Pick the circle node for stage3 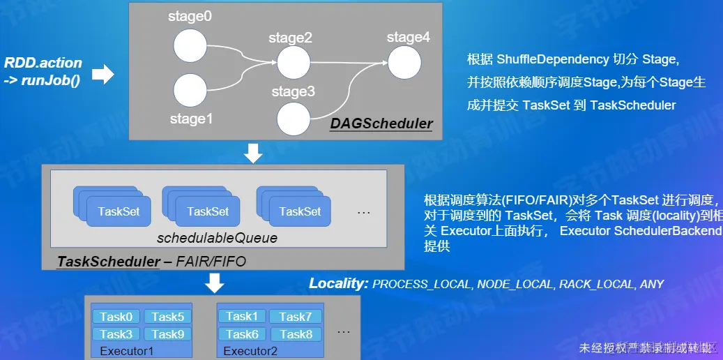click(x=293, y=119)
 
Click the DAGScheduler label click(x=381, y=124)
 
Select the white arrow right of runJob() click(x=103, y=75)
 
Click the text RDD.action click(x=43, y=63)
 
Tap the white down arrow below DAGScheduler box click(x=254, y=153)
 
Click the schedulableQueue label click(x=217, y=239)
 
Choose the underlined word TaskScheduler click(x=109, y=262)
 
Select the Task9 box click(x=168, y=334)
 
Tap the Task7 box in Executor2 click(x=296, y=317)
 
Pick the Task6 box click(x=242, y=334)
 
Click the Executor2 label click(x=250, y=351)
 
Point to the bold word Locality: click(x=339, y=283)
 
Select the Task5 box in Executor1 click(x=168, y=317)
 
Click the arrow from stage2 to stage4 click(x=349, y=62)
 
